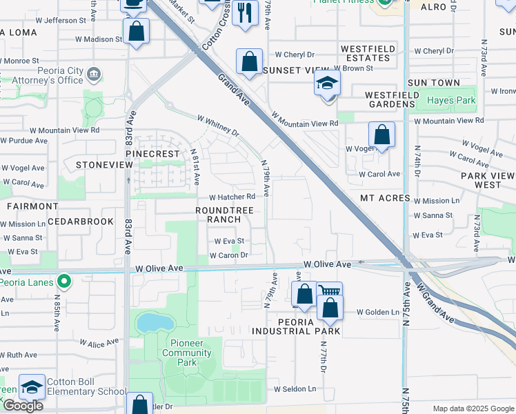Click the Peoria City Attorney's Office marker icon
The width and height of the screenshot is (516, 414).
pyautogui.click(x=95, y=74)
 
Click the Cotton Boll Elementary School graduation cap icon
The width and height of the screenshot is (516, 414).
pyautogui.click(x=32, y=387)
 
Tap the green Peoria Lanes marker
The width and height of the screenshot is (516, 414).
pyautogui.click(x=63, y=282)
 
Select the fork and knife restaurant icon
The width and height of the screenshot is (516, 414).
pyautogui.click(x=245, y=12)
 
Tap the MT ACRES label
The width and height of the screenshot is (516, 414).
pyautogui.click(x=385, y=198)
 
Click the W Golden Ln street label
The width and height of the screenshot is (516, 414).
pyautogui.click(x=378, y=312)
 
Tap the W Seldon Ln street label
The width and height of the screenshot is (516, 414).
pyautogui.click(x=295, y=388)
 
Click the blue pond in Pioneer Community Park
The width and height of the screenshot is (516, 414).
pyautogui.click(x=150, y=322)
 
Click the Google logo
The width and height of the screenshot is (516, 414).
pyautogui.click(x=23, y=406)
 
